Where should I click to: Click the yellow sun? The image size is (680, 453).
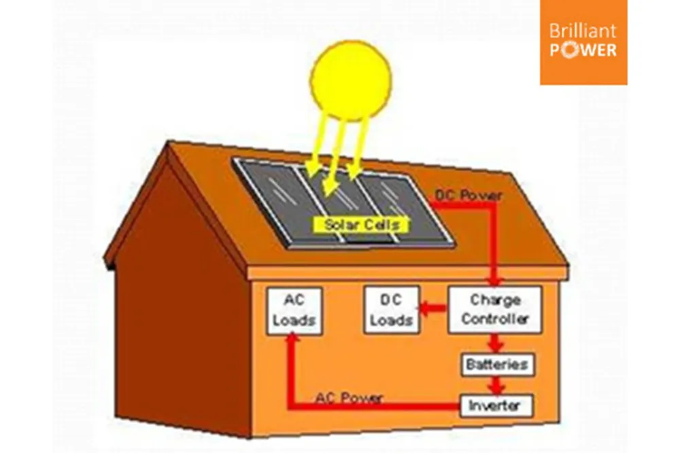click(x=351, y=81)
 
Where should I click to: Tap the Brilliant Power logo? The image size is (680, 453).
click(x=583, y=42)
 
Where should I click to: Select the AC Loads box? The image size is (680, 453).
click(x=294, y=311)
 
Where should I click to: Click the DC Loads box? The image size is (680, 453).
click(x=392, y=310)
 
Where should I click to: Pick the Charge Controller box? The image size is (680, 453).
click(x=495, y=310)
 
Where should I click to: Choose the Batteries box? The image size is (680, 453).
click(x=498, y=365)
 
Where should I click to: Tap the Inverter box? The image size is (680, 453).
click(x=496, y=405)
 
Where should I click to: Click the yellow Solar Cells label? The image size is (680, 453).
click(x=361, y=225)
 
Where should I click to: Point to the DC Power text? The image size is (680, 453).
click(x=469, y=196)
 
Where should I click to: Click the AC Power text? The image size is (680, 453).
click(x=349, y=397)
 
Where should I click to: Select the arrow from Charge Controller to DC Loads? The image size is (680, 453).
click(x=432, y=308)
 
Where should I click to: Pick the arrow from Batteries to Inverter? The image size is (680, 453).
click(x=496, y=385)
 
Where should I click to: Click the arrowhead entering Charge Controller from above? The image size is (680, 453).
click(x=494, y=281)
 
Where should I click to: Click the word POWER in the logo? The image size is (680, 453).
click(x=583, y=50)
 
